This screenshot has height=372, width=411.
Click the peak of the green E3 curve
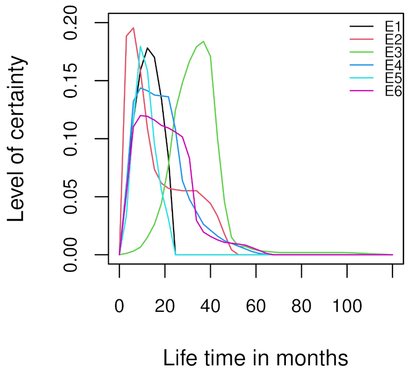pyautogui.click(x=204, y=41)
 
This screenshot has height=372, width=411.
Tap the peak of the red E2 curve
pyautogui.click(x=133, y=28)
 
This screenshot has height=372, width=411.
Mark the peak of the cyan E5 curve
pyautogui.click(x=140, y=46)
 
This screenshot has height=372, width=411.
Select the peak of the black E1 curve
pyautogui.click(x=147, y=48)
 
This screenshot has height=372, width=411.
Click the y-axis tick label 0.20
pyautogui.click(x=76, y=23)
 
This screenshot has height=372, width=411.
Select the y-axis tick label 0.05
pyautogui.click(x=76, y=197)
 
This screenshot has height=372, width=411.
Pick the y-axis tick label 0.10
pyautogui.click(x=76, y=139)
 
